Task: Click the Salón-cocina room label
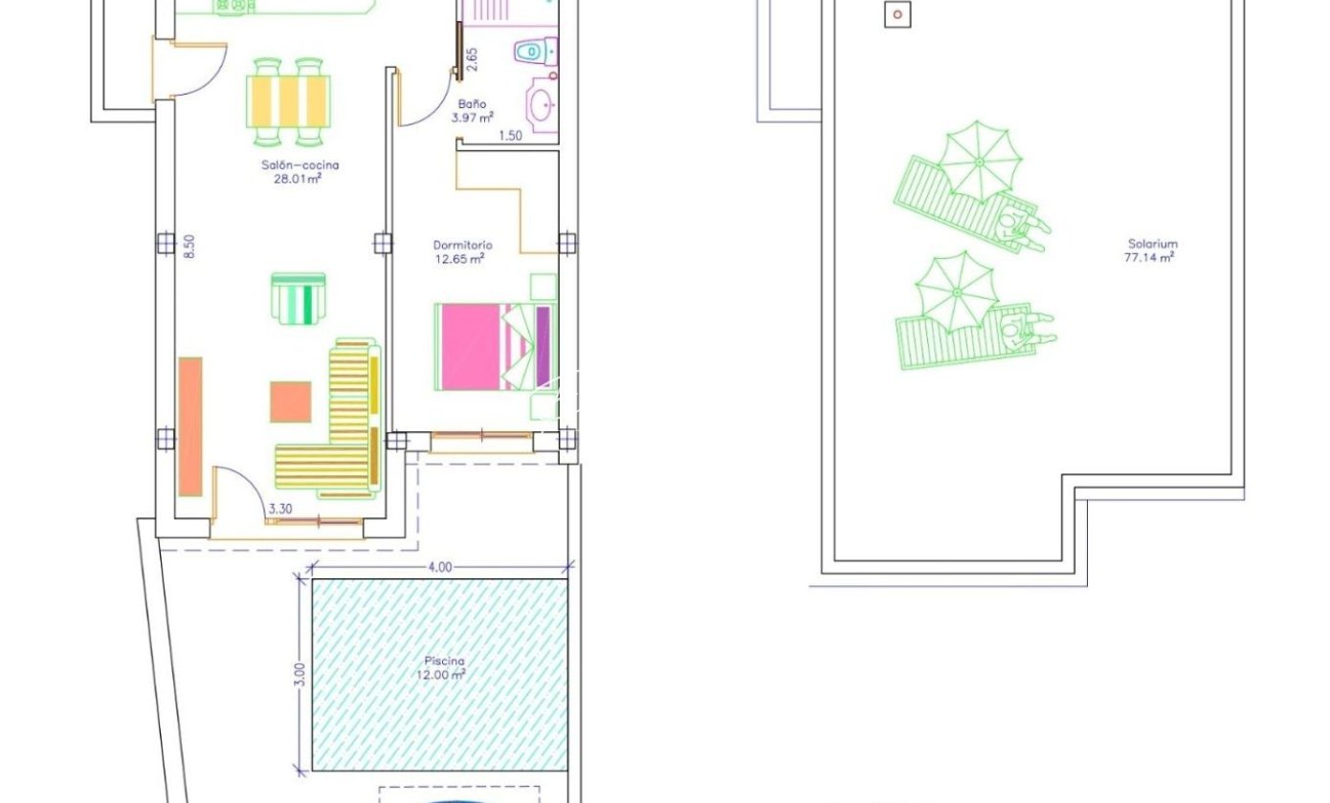(x=299, y=164)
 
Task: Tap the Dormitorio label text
(x=462, y=245)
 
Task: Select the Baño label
(x=472, y=104)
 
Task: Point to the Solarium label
(x=1152, y=243)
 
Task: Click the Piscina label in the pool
(x=444, y=661)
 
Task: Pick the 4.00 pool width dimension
(x=440, y=567)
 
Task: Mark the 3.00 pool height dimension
(x=299, y=674)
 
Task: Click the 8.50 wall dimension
(x=188, y=246)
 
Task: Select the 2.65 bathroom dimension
(x=472, y=59)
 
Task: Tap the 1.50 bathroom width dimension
(x=510, y=136)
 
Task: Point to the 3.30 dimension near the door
(x=280, y=509)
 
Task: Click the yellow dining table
(x=289, y=101)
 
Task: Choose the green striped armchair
(x=299, y=298)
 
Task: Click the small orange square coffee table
(x=291, y=401)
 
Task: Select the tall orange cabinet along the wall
(x=190, y=426)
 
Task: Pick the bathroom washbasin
(x=543, y=105)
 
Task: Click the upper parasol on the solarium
(x=980, y=162)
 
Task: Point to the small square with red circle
(x=898, y=14)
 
